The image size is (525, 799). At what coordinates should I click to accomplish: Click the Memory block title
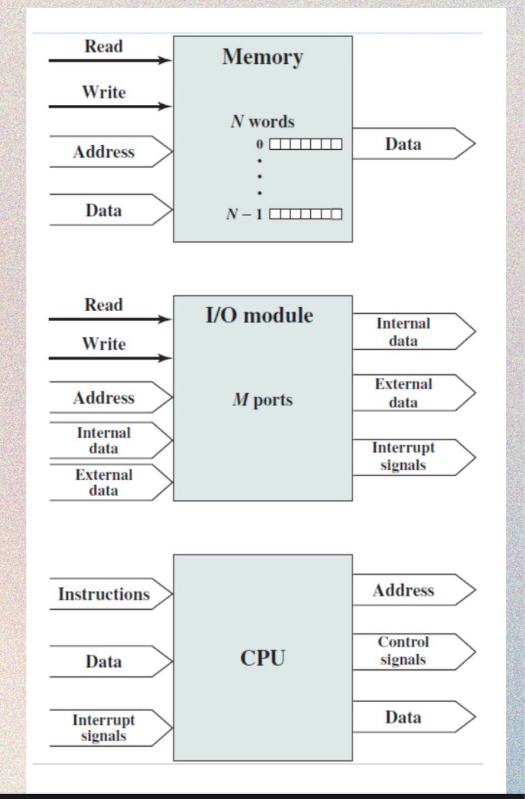tap(262, 57)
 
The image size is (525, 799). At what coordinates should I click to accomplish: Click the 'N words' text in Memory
tap(262, 121)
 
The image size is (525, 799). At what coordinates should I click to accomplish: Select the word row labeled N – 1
tap(305, 214)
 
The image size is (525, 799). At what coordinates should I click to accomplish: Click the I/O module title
tap(259, 315)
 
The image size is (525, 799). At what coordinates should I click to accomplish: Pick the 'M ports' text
tap(262, 400)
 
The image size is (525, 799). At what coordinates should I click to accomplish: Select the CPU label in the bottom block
tap(262, 658)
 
